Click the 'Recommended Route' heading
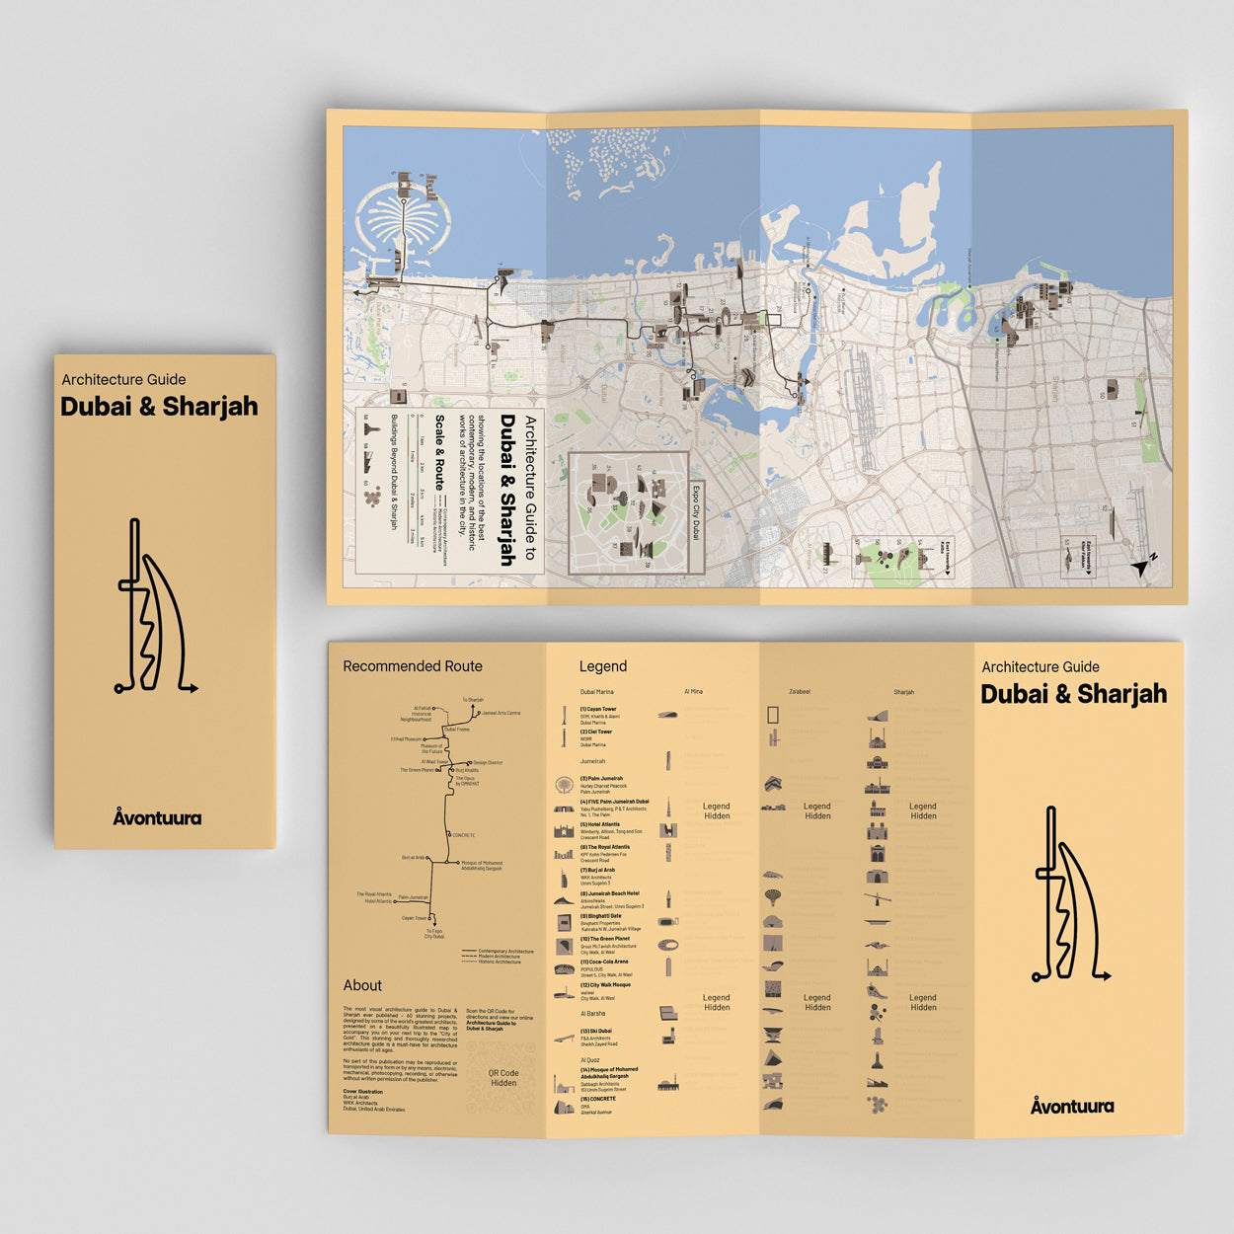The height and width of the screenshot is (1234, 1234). [413, 666]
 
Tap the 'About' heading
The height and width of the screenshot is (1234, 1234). [362, 985]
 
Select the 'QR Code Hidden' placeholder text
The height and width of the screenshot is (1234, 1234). [503, 1078]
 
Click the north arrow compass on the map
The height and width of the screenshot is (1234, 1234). [1145, 566]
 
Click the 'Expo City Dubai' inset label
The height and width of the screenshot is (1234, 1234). [695, 512]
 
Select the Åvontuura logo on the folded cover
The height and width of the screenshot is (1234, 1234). [157, 817]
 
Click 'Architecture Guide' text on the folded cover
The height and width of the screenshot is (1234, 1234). [123, 379]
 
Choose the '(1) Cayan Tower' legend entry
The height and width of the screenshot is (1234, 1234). [598, 709]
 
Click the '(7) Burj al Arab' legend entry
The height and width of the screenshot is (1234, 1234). [597, 870]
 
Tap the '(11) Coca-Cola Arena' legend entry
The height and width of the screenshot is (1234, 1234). [604, 962]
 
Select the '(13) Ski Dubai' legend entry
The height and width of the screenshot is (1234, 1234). [596, 1031]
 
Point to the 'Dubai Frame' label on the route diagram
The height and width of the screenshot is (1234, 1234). [457, 730]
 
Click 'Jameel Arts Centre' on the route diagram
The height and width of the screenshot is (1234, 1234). [501, 713]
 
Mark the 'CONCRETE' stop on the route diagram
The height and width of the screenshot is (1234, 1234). [464, 835]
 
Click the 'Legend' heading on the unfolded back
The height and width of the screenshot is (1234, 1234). [603, 666]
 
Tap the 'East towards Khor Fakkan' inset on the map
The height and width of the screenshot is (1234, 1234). [1078, 558]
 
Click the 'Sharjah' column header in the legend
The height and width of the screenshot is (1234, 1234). [903, 692]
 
